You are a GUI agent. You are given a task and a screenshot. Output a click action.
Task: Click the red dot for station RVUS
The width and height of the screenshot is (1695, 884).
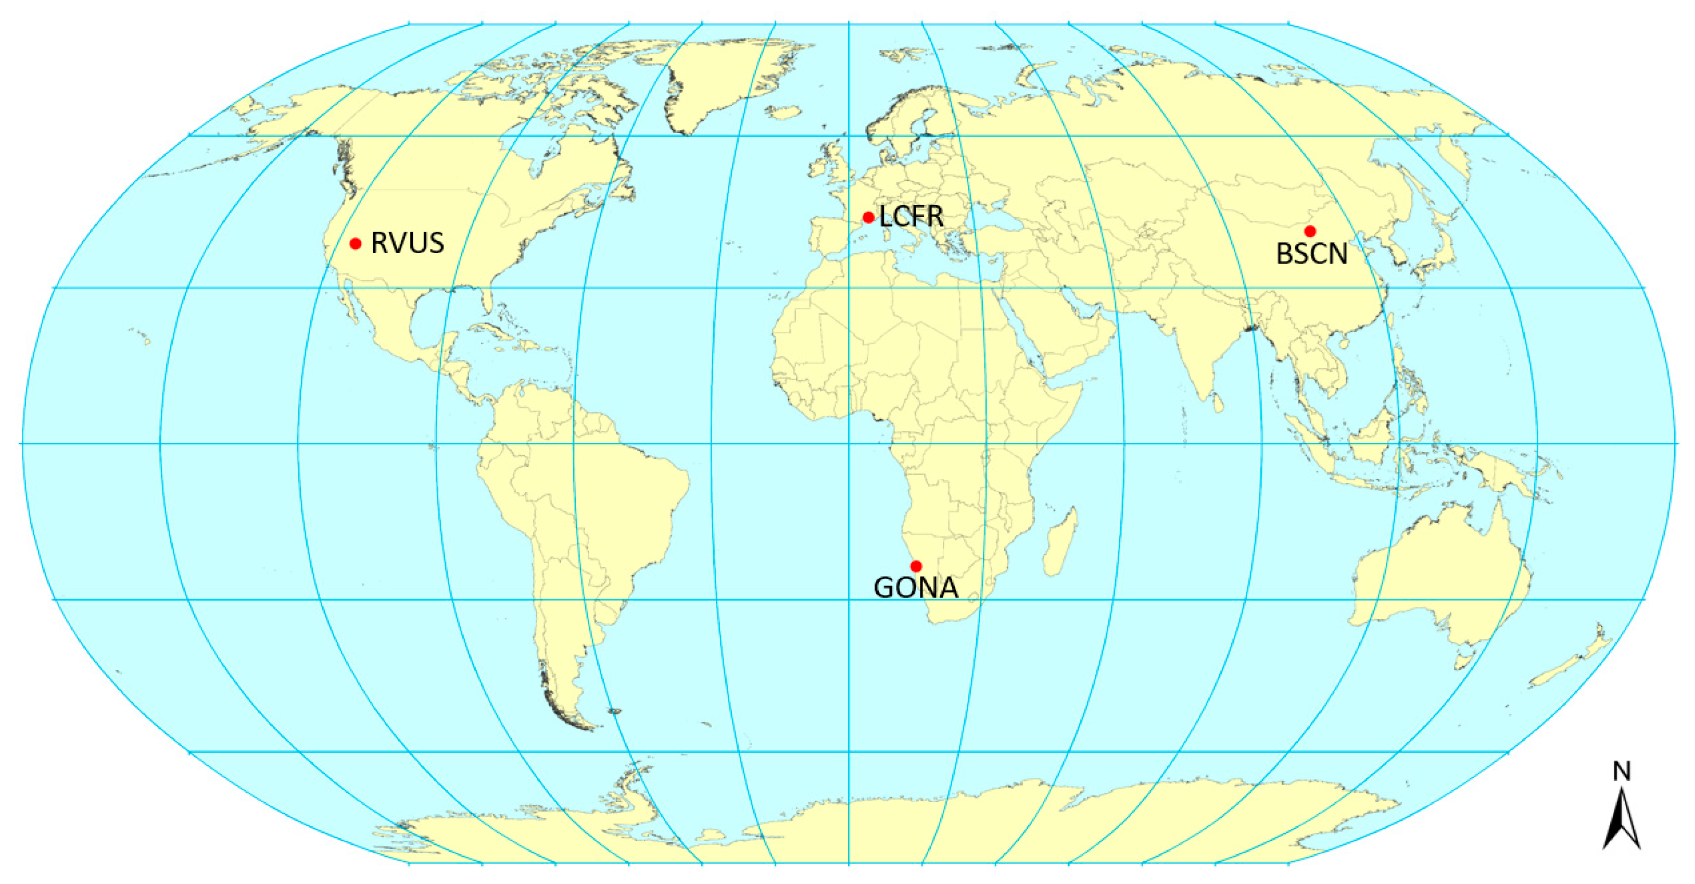coord(356,244)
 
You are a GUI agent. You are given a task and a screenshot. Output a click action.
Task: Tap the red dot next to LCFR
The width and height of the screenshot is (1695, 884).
coord(868,217)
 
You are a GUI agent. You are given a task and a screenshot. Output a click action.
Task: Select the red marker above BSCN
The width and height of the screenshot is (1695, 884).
coord(1310,231)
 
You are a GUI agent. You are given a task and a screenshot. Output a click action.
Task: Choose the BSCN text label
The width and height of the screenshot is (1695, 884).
coord(1312,255)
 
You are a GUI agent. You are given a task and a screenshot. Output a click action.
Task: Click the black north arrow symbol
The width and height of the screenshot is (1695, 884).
coord(1621,823)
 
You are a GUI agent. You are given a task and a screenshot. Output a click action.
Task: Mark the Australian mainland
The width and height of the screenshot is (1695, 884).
coord(1441,579)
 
